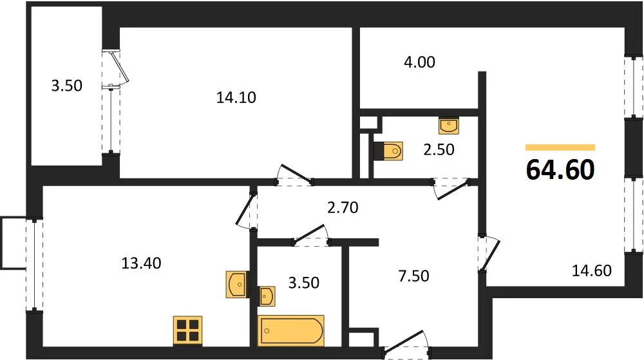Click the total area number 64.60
pos(560,169)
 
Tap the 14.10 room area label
pos(236,98)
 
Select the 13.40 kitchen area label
pos(141,263)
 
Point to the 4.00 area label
pos(419,62)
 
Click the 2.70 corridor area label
pos(343,208)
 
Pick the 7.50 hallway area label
pos(413,276)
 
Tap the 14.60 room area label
pos(592,270)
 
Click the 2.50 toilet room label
pos(439,150)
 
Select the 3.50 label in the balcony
pos(66,86)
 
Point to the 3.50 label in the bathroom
pos(303,283)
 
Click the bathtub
pos(291,330)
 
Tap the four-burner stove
pos(187,330)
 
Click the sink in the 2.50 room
pos(449,126)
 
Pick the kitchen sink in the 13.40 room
pos(236,284)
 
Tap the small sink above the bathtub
pos(267,296)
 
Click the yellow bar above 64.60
pos(560,147)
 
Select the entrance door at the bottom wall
pos(405,345)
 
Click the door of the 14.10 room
pos(294,176)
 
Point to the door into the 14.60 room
pos(489,254)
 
